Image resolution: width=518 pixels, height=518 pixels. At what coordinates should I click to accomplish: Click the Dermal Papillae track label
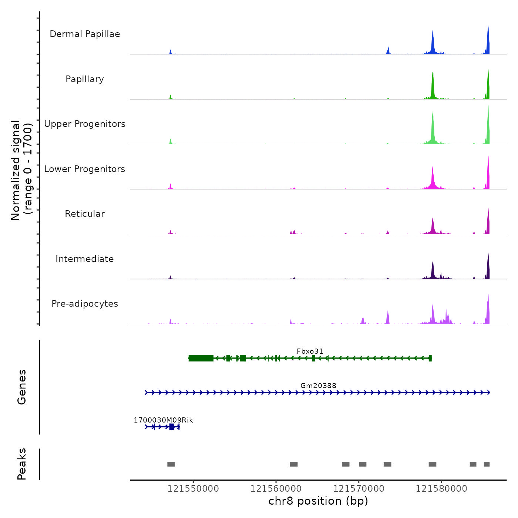pos(85,34)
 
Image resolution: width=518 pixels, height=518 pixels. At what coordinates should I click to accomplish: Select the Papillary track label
pos(85,79)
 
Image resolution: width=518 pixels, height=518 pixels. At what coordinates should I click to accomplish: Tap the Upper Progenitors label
pos(85,124)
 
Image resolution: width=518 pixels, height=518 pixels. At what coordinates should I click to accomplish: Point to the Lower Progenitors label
pos(85,169)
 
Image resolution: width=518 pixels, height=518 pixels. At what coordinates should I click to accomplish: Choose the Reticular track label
pos(85,214)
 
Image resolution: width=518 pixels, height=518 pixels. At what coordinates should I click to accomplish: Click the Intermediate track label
pos(85,259)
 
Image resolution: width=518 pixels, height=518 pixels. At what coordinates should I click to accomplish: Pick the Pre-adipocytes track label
pos(85,304)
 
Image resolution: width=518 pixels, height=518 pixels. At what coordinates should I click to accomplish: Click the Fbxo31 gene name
pos(310,351)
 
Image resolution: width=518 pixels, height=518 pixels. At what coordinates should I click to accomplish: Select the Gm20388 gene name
pos(318,386)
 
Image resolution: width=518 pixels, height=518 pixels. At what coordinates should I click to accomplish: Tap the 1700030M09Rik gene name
pos(163,420)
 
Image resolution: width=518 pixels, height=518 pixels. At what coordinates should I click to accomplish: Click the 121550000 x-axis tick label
pos(193,489)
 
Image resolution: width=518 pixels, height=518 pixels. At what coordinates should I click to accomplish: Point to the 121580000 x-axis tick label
pos(441,489)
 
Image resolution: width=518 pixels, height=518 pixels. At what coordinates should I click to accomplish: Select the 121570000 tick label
pos(359,489)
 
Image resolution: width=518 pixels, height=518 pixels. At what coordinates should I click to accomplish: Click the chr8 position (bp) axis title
pos(318,501)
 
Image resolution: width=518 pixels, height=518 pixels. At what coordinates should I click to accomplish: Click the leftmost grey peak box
pos(171,464)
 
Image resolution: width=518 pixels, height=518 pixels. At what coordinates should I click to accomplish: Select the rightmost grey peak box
pos(487,464)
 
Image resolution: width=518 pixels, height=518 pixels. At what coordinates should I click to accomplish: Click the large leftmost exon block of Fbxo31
pos(201,358)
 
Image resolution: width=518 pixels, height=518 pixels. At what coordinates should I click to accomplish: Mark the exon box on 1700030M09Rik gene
pos(171,427)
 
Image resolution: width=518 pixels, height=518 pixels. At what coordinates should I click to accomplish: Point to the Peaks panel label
pos(21,464)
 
